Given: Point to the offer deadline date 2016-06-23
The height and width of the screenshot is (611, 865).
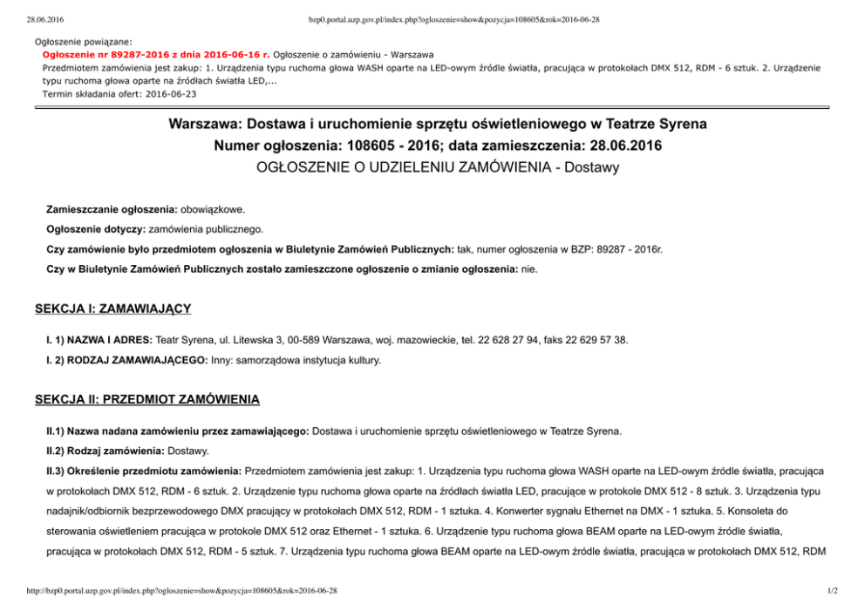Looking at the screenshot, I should coord(170,93).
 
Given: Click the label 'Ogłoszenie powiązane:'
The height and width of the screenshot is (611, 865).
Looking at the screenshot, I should coord(84,41).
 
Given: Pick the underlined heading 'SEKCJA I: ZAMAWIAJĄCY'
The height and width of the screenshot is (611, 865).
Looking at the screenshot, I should coord(112,309).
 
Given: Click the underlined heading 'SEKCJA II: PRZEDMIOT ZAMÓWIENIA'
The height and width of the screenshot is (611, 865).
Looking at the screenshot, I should coord(146,400).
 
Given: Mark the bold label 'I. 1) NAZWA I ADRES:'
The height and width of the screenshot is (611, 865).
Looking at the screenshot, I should coord(99,339).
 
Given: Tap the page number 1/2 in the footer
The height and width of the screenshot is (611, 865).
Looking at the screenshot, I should coord(832,592).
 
